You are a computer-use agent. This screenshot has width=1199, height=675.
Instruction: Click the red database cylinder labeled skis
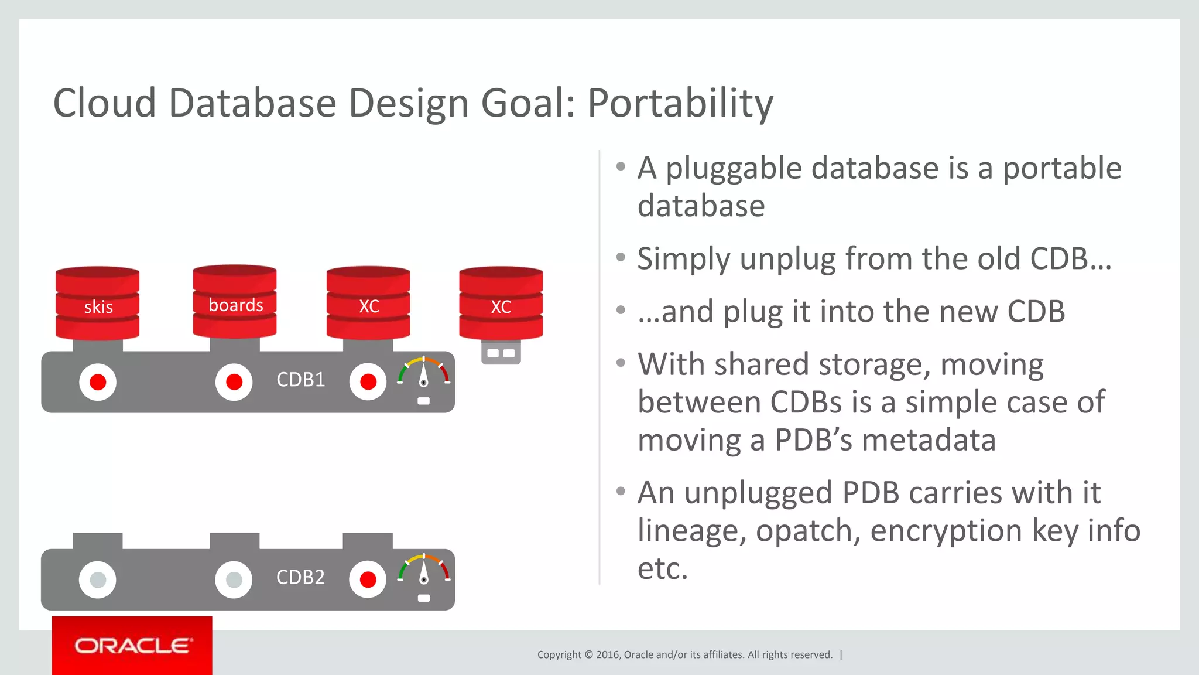pos(97,304)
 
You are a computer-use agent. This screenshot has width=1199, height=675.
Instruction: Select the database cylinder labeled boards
pos(235,301)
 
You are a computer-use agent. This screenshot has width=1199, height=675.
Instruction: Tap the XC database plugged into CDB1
pos(368,304)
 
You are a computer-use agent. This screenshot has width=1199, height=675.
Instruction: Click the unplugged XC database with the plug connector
pos(501,304)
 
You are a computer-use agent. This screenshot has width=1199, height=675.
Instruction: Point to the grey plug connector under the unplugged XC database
pos(501,353)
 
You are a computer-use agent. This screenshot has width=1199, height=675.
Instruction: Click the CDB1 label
pos(300,380)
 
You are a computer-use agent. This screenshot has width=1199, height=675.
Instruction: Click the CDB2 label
pos(300,577)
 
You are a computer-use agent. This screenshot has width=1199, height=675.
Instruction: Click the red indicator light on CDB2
pos(368,579)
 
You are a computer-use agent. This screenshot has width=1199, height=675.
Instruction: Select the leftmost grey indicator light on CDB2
pos(98,579)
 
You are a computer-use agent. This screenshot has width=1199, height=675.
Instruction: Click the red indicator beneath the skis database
pos(98,382)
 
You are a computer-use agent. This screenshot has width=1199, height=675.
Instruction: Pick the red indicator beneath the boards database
pos(234,382)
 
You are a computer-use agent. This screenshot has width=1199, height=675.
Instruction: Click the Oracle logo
pos(132,646)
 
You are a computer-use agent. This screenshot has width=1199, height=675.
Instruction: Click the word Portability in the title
pos(680,104)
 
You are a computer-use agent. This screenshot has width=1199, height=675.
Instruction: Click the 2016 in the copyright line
pos(608,654)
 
